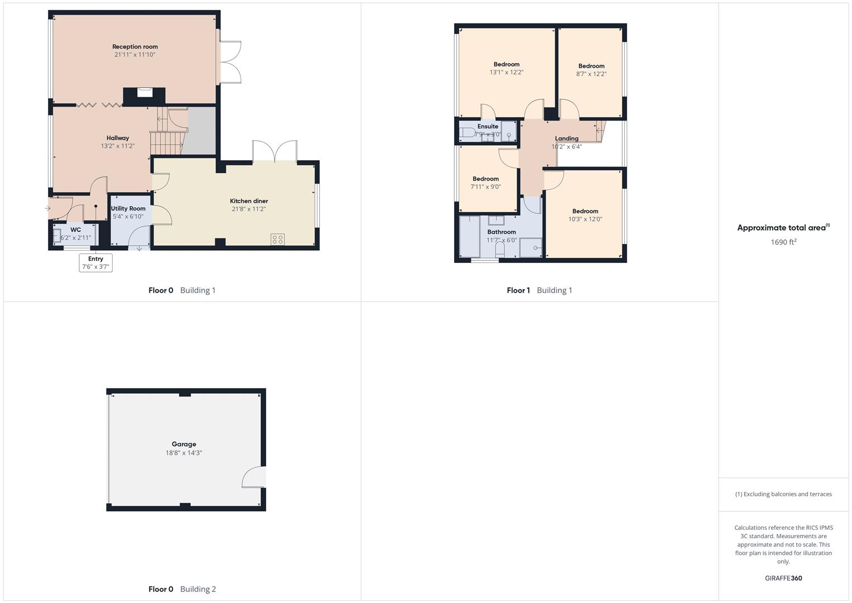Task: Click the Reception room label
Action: pyautogui.click(x=135, y=47)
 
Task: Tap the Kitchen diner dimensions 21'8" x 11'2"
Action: pyautogui.click(x=249, y=209)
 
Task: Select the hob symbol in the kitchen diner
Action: pyautogui.click(x=277, y=240)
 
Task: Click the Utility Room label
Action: pyautogui.click(x=128, y=208)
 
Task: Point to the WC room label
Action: pyautogui.click(x=75, y=229)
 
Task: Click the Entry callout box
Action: pyautogui.click(x=96, y=262)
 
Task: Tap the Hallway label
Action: pyautogui.click(x=118, y=138)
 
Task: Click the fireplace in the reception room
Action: pyautogui.click(x=145, y=93)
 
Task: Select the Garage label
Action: pyautogui.click(x=184, y=444)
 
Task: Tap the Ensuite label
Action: pyautogui.click(x=488, y=127)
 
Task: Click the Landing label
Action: pyautogui.click(x=566, y=138)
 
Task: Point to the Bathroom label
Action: pyautogui.click(x=502, y=232)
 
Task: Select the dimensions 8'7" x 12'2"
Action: pyautogui.click(x=591, y=74)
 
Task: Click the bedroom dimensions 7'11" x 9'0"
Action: pyautogui.click(x=485, y=187)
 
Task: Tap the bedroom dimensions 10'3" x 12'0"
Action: pyautogui.click(x=585, y=219)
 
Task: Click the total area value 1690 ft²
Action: pyautogui.click(x=783, y=242)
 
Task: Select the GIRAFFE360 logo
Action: pyautogui.click(x=783, y=578)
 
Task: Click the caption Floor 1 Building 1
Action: pyautogui.click(x=539, y=290)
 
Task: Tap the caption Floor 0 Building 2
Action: pyautogui.click(x=182, y=589)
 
